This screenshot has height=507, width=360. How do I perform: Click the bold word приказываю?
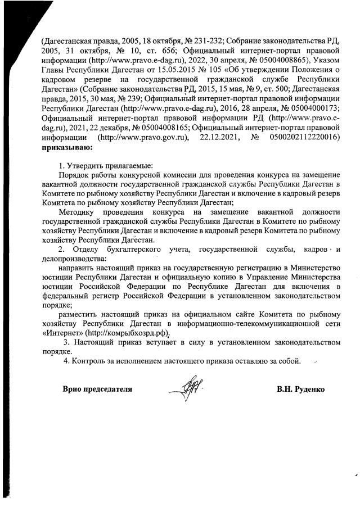[x=62, y=148]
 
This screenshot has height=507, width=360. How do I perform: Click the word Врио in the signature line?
[x=72, y=389]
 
